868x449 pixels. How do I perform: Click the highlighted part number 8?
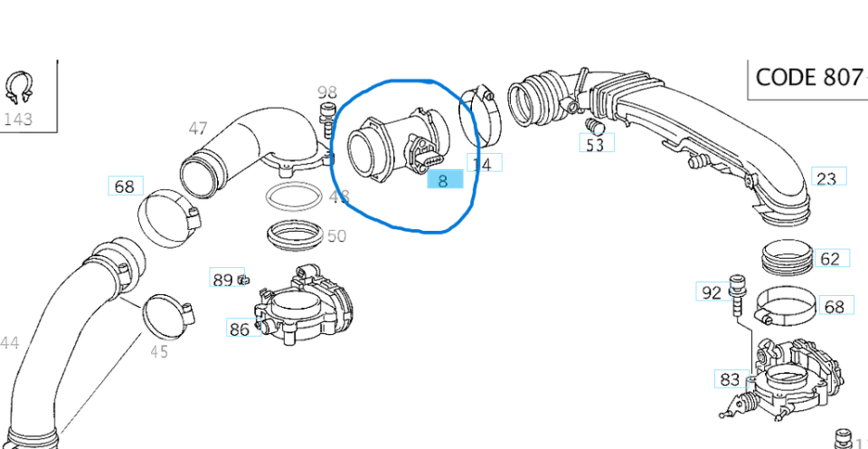(x=443, y=180)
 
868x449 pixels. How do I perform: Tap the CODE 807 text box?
(x=808, y=77)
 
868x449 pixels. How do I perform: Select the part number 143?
(x=18, y=119)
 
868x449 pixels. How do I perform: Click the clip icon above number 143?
(x=19, y=89)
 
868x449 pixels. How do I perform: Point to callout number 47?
(x=198, y=129)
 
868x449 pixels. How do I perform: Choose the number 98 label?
(x=326, y=92)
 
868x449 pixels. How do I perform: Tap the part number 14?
(x=483, y=164)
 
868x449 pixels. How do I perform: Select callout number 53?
(x=594, y=143)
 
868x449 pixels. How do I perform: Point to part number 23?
(x=826, y=177)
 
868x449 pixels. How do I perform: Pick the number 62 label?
(x=829, y=259)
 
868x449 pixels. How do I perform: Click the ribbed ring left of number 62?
(x=788, y=257)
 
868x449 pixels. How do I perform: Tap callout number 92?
(x=711, y=291)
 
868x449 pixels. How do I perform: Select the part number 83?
(x=730, y=379)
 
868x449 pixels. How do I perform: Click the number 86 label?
(x=239, y=329)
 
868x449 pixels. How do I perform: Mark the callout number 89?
(x=222, y=279)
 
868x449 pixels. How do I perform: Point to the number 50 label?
(x=336, y=235)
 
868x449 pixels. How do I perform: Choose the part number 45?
(x=158, y=351)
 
